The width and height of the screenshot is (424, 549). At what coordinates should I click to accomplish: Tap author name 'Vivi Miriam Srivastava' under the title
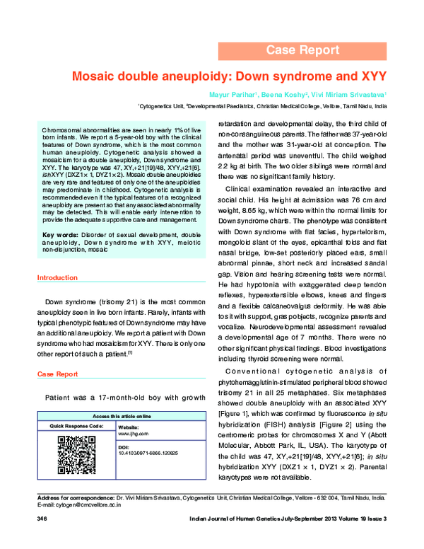pyautogui.click(x=354, y=93)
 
